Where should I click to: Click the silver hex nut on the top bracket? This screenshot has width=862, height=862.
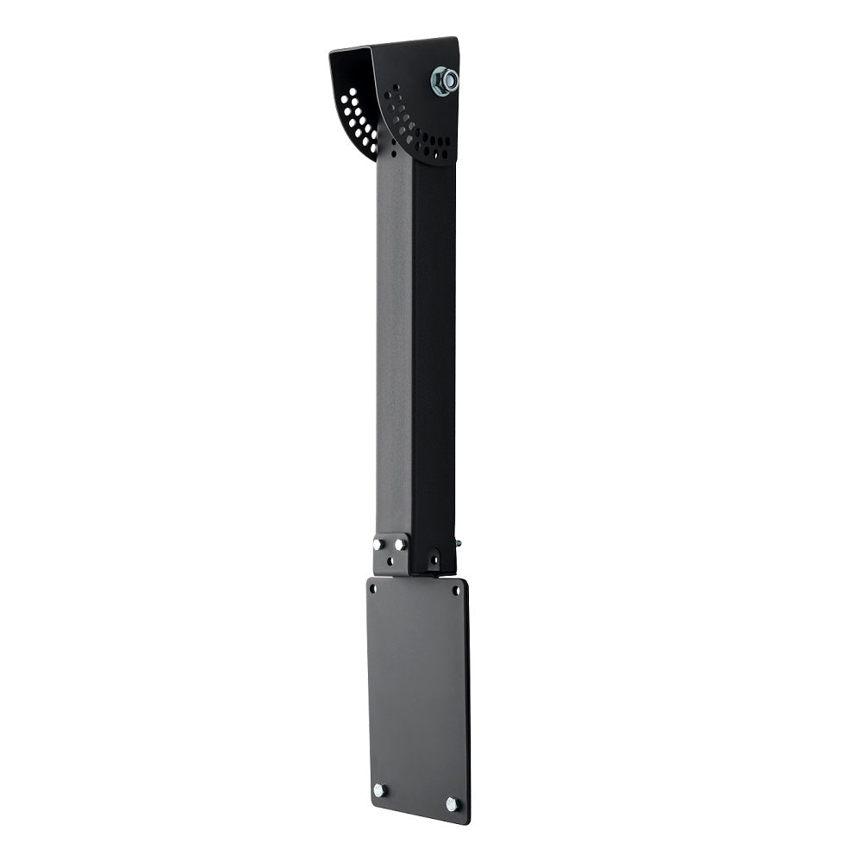point(444,81)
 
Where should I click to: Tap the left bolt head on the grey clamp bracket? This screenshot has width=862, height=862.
point(379,545)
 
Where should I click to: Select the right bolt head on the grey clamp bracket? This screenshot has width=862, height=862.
point(400,544)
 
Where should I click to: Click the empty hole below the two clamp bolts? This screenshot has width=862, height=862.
point(390,560)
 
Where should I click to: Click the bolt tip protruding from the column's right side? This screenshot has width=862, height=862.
point(458,544)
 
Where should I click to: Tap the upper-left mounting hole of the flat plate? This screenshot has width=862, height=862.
point(373,590)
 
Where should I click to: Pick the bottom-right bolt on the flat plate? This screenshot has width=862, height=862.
point(451,803)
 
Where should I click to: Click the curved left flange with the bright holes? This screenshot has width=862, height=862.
point(353,103)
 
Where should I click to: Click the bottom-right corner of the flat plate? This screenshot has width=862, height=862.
point(467,821)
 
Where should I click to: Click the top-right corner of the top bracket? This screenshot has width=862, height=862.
point(455,39)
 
